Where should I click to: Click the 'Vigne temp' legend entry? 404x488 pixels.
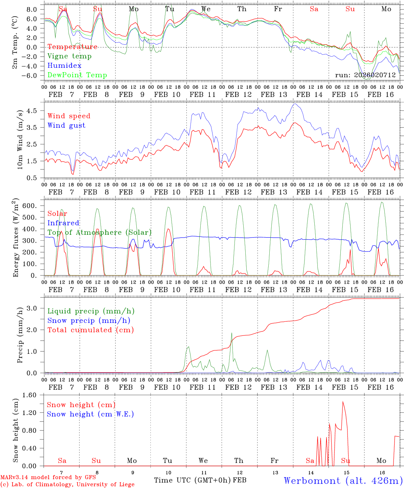69,56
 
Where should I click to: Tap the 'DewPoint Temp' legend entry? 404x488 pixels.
77,75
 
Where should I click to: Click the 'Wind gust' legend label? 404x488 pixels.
66,125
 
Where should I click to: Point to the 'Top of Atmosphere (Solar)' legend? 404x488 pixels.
99,232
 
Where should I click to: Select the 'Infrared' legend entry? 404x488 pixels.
63,223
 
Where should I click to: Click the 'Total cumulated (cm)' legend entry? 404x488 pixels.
91,330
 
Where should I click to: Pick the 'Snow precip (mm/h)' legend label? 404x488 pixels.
89,321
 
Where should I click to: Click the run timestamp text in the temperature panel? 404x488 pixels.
365,75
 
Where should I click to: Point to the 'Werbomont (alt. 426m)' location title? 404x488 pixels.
343,481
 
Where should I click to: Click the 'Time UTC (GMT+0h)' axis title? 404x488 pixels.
193,480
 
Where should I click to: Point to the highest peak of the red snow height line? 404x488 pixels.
343,402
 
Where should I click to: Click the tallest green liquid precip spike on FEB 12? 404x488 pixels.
232,333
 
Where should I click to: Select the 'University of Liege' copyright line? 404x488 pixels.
67,485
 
